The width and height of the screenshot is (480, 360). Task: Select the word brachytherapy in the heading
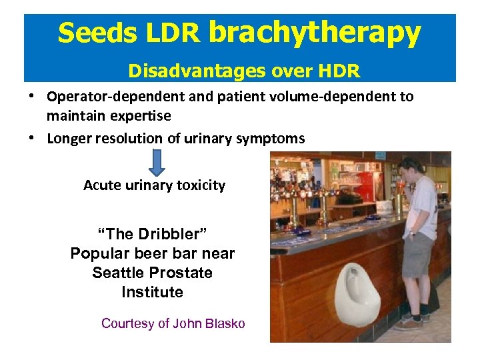(x=315, y=33)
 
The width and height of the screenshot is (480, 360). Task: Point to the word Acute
(x=102, y=185)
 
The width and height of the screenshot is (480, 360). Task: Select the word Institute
(x=152, y=292)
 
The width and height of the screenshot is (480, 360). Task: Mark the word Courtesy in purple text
(x=127, y=324)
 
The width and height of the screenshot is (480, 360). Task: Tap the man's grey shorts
(x=418, y=255)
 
